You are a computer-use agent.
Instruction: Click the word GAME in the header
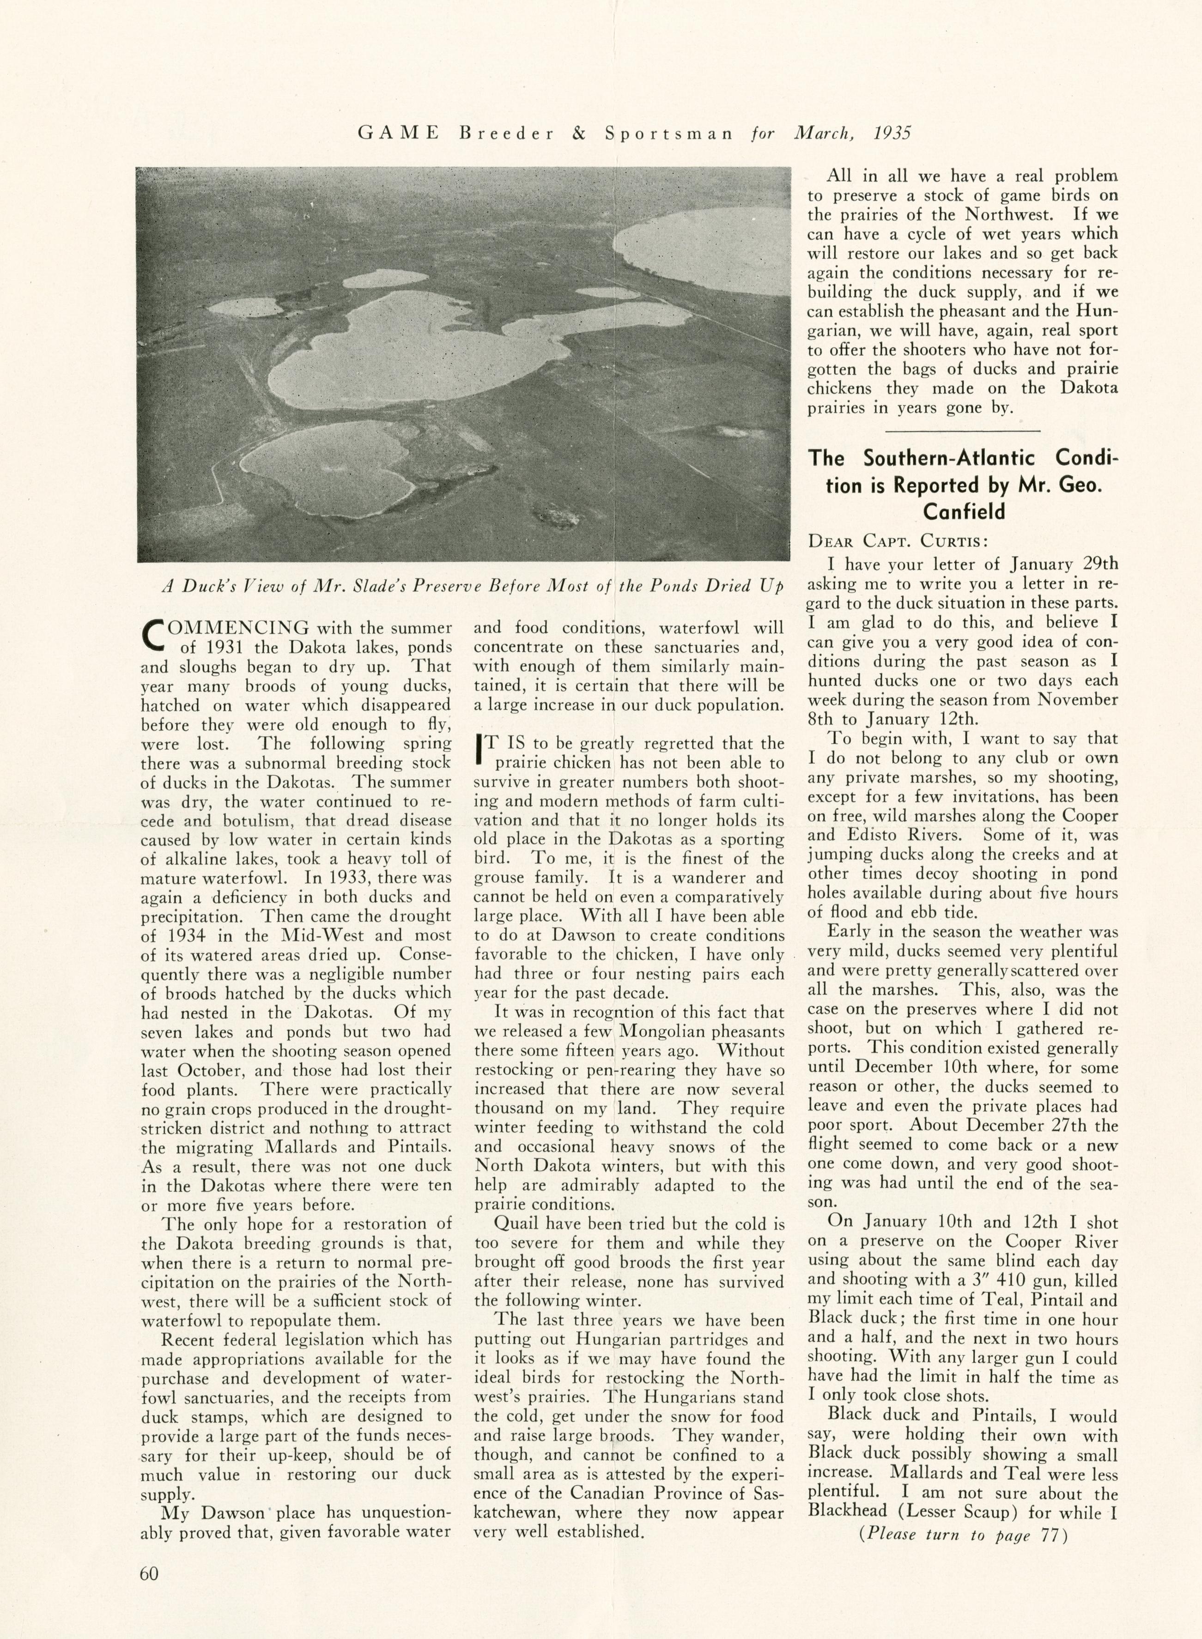[x=398, y=133]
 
